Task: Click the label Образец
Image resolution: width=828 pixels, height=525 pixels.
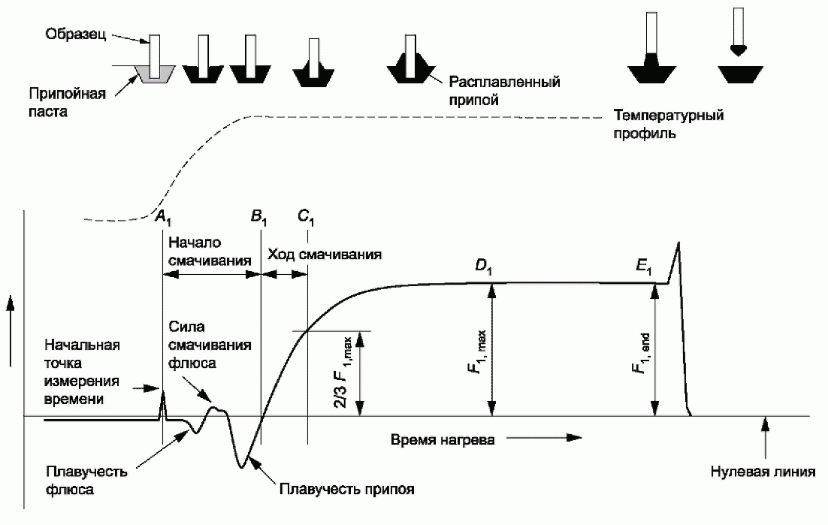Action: coord(76,35)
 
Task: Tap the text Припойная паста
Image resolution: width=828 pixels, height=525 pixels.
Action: coord(67,103)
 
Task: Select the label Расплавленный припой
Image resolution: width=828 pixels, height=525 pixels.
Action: coord(504,91)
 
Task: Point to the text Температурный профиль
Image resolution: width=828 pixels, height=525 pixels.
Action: coord(668,124)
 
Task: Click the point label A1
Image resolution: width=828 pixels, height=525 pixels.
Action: coord(163,217)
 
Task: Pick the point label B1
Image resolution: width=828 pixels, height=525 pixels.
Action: coord(258,217)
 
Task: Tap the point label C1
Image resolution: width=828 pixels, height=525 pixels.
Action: coord(306,217)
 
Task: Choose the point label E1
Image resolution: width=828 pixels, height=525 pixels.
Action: coord(644,267)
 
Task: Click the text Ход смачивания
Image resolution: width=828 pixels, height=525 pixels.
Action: coord(325,255)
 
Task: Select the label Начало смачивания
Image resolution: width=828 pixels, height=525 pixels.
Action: coord(209,252)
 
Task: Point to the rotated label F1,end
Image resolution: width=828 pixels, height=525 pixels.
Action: coord(641,354)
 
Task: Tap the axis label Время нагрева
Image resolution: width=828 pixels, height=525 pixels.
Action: coord(443,439)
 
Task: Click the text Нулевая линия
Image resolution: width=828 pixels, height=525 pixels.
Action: coord(763,471)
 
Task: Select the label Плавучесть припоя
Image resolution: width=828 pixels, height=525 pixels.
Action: coord(346,490)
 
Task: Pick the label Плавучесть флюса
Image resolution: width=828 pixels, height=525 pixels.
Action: coord(86,480)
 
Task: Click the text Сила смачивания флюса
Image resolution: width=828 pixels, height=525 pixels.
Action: coord(210,345)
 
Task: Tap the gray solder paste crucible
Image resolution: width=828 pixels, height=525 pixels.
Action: coord(154,74)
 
